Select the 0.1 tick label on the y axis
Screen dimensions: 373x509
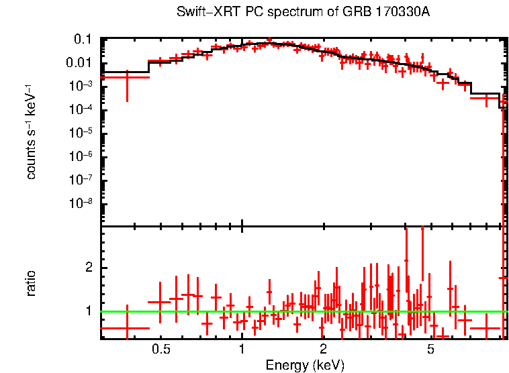83,40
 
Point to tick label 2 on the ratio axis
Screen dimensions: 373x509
87,268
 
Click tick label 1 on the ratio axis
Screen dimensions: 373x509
87,311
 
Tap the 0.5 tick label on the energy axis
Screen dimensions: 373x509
160,350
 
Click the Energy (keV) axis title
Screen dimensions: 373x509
305,365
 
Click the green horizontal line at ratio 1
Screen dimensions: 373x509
201,311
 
